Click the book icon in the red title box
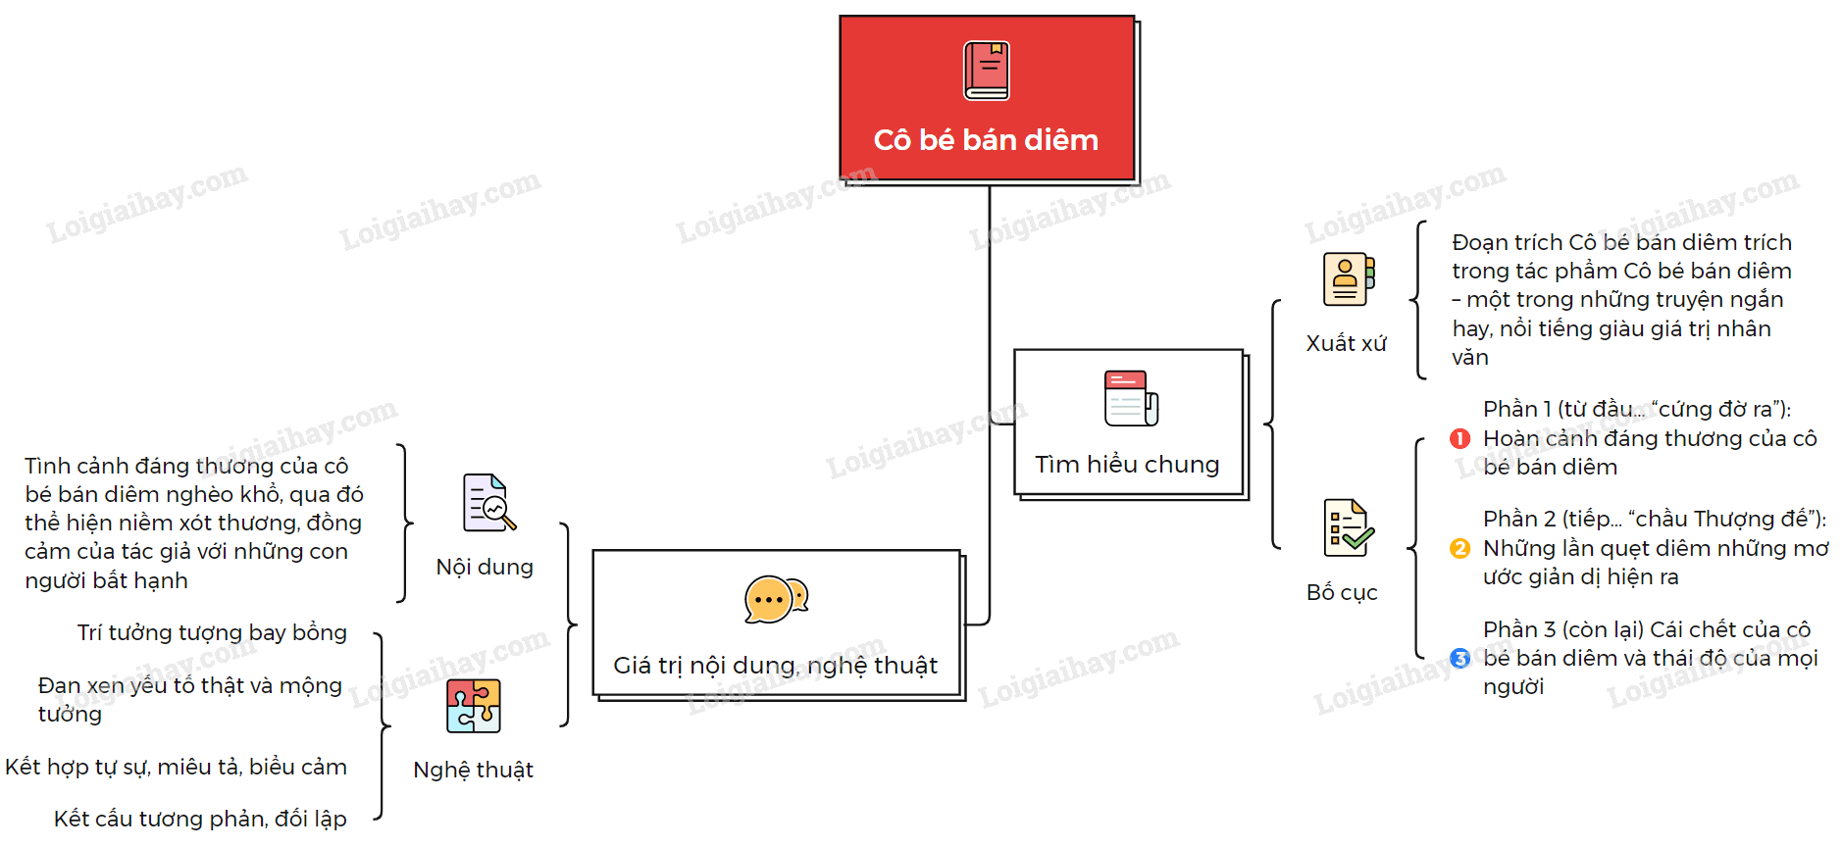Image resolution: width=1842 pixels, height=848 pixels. point(987,71)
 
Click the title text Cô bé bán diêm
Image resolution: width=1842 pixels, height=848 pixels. point(986,140)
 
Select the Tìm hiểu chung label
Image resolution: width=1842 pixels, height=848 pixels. point(1127,464)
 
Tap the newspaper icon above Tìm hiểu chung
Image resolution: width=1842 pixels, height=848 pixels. point(1131,398)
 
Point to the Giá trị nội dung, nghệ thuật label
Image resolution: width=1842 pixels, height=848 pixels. point(775,666)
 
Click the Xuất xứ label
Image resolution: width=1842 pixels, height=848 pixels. point(1346,343)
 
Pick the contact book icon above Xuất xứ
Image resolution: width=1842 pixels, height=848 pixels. point(1349,279)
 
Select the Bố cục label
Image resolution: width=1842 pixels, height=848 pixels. point(1342,592)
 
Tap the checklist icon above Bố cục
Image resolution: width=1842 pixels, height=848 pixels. point(1349,527)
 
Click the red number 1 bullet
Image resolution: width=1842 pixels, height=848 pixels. point(1459,438)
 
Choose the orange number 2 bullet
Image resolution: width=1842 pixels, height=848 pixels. point(1459,548)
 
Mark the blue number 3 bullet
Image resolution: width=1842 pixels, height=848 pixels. point(1459,658)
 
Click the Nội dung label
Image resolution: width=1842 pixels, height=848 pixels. point(485,567)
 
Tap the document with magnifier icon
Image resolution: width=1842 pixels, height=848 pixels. point(489,503)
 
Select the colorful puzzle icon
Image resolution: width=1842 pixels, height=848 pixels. point(474,706)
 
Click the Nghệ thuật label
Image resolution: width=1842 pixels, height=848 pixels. point(473,770)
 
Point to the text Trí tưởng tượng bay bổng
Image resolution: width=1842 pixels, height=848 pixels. point(212,633)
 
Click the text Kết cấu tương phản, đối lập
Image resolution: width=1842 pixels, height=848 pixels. point(200,819)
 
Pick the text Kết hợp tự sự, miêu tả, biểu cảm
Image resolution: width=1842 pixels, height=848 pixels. point(176,767)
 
